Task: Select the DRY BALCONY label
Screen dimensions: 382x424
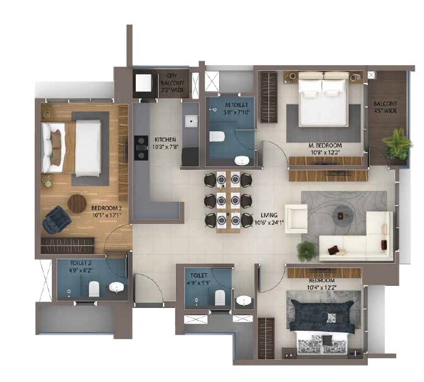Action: tap(168, 80)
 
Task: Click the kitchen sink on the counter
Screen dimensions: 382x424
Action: tap(187, 121)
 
